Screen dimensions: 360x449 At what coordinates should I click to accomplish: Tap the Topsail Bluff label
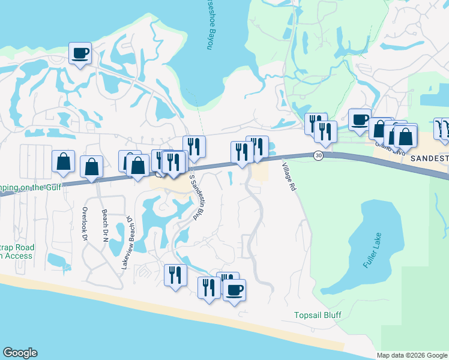tap(318, 315)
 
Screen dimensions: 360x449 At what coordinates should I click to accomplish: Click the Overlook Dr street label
tap(85, 225)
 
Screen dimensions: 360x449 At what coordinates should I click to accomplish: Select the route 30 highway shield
tap(318, 155)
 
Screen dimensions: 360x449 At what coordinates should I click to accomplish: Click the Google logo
tap(20, 353)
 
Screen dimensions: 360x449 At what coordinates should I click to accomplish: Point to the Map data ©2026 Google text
tap(412, 355)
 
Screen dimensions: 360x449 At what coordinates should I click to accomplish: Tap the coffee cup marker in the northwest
tap(80, 53)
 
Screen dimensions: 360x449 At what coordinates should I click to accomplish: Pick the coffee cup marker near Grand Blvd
tap(360, 119)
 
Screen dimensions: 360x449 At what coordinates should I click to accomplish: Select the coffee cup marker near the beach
tap(234, 290)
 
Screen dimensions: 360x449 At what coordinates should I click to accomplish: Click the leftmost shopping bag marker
tap(63, 161)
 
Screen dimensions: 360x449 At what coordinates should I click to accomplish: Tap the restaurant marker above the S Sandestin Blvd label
tap(194, 146)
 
